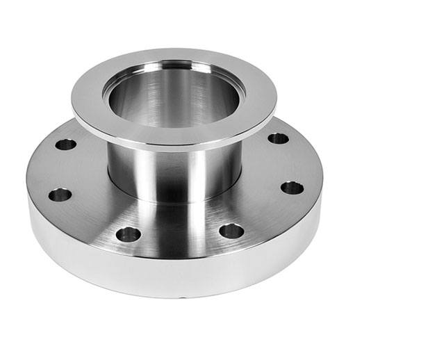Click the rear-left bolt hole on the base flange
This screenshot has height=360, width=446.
[66, 145]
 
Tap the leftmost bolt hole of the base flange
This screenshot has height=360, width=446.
[60, 195]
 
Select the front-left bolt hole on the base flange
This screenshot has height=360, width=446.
[128, 234]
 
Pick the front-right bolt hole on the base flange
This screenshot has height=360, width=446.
[231, 231]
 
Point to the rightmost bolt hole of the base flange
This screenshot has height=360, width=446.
[292, 188]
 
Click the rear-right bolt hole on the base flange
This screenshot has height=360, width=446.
[278, 138]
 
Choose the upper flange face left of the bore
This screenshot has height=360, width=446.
[87, 104]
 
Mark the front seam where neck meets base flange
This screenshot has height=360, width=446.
[174, 203]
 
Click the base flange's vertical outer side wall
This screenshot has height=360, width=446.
[174, 275]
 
